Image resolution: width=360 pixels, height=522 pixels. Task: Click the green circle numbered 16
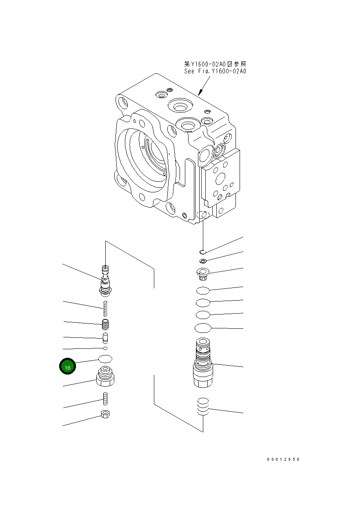[67, 366]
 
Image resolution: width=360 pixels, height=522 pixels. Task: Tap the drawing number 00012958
[283, 460]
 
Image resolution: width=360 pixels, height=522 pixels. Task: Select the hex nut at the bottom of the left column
[105, 415]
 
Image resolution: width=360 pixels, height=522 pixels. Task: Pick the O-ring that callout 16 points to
[105, 359]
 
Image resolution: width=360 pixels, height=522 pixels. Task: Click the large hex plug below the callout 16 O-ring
[105, 377]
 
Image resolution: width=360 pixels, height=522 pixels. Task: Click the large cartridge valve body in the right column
[202, 364]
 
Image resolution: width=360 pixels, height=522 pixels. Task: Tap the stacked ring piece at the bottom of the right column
[203, 407]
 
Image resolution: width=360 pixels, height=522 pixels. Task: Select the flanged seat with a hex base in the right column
[202, 273]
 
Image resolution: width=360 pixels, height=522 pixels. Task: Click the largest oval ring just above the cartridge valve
[203, 328]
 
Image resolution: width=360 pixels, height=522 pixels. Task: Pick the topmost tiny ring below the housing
[202, 252]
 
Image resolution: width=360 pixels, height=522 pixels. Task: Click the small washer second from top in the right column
[203, 261]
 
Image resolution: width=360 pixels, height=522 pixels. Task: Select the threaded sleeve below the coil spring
[106, 325]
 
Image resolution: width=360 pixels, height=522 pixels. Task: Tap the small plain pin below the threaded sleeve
[105, 338]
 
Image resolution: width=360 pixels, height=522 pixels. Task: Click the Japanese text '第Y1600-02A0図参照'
[215, 64]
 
